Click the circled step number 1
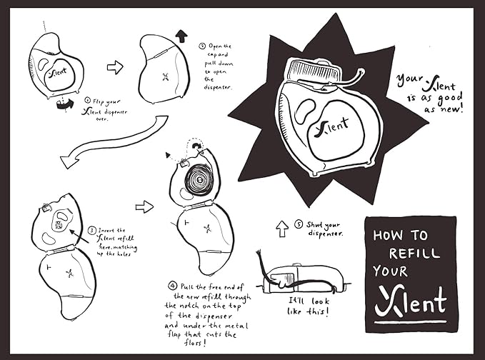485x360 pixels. [88, 100]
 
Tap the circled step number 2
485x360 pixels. [202, 46]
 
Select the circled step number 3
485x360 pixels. [92, 231]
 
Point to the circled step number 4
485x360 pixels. [172, 286]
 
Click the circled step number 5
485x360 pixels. [298, 224]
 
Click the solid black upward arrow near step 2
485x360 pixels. [181, 36]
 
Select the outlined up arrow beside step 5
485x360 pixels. [281, 229]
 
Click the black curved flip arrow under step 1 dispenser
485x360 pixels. [65, 104]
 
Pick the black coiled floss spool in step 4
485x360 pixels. [199, 180]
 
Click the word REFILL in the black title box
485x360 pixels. [414, 253]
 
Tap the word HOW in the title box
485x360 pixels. [387, 236]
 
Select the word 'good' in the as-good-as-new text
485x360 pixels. [449, 99]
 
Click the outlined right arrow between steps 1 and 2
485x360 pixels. [115, 67]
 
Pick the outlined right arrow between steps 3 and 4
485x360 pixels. [144, 206]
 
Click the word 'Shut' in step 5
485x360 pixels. [314, 224]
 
